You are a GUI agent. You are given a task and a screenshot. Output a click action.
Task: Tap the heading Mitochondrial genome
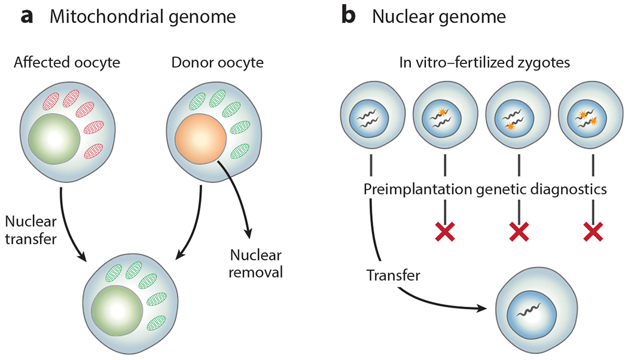click(x=142, y=17)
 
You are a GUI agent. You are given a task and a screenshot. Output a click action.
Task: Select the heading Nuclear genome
click(x=438, y=17)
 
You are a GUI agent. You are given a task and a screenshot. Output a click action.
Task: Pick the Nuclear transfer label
click(x=31, y=230)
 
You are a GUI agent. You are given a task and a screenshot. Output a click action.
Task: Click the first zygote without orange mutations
click(x=371, y=116)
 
